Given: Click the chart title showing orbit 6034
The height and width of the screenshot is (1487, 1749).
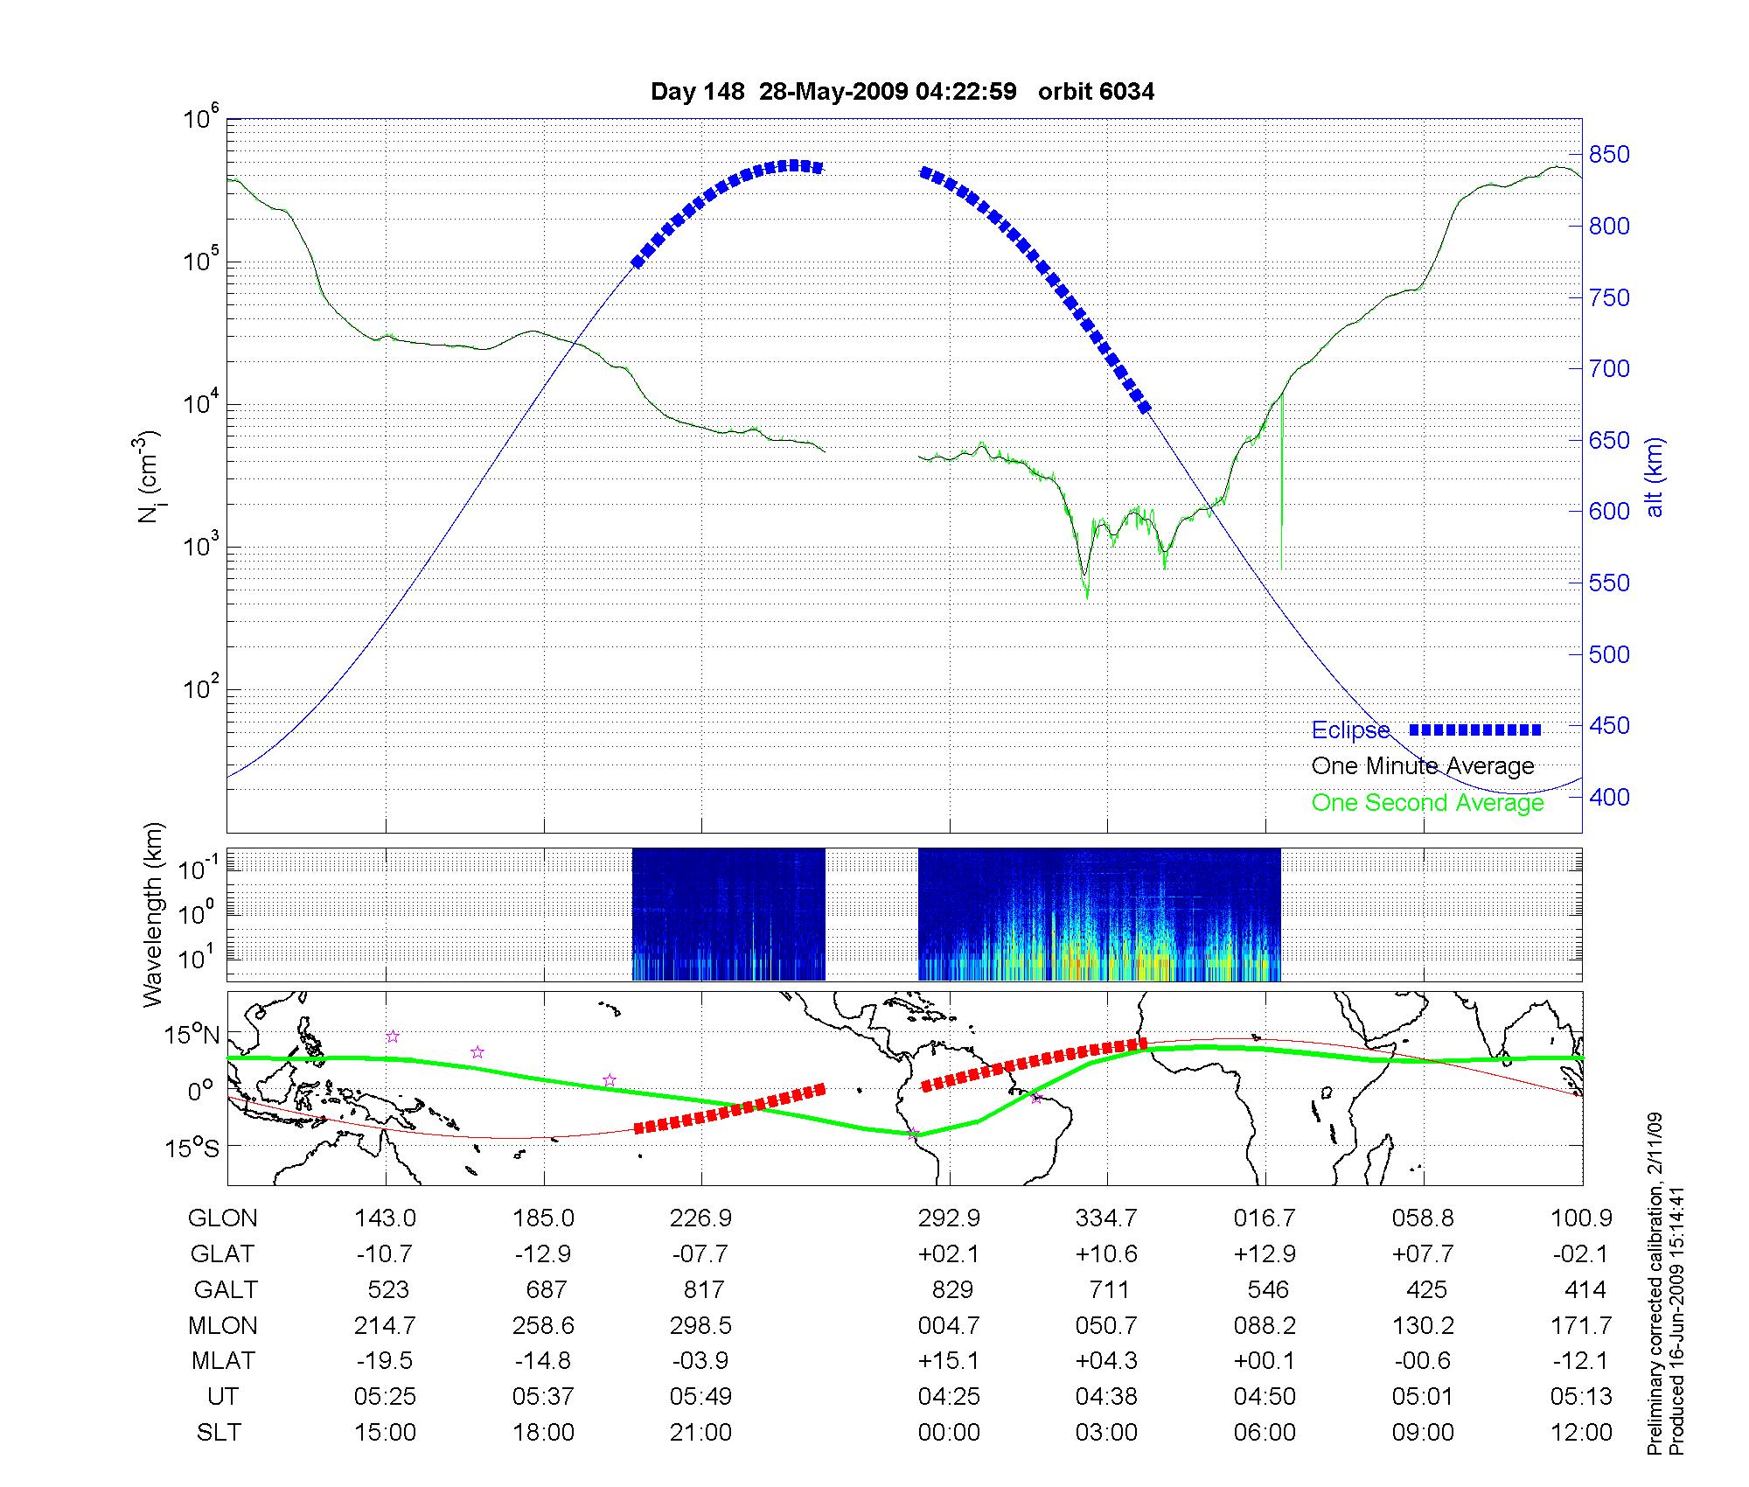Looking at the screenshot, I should point(902,92).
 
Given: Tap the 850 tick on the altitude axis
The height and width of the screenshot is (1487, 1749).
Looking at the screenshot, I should point(1609,155).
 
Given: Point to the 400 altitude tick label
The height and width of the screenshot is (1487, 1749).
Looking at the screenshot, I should point(1609,797).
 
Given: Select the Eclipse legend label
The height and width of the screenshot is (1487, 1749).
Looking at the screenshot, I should point(1350,730).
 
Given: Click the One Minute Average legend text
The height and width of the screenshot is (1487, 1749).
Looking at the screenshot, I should point(1423,766).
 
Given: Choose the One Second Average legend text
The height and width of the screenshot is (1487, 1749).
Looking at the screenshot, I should point(1427,803).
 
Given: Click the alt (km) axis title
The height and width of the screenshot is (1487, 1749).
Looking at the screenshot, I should point(1655,477).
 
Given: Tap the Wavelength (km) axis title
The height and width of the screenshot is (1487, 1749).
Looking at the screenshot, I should point(153,914).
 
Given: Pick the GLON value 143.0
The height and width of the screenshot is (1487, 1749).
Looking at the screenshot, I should point(385,1218).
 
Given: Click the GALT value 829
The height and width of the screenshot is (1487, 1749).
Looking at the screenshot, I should point(952,1289).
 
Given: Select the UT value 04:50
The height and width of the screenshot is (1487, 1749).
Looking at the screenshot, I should point(1265,1397).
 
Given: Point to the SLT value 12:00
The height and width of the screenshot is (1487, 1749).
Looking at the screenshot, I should point(1581,1433).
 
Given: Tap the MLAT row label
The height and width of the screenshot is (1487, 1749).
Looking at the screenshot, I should point(223,1361).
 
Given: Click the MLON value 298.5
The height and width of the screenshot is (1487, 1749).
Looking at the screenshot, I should point(700,1325).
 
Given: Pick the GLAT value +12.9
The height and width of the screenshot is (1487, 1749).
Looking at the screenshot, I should point(1265,1253).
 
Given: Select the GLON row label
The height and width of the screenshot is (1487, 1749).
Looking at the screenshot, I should point(223,1218).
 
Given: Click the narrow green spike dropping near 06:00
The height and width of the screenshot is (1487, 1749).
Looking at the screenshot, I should point(1281,490).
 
